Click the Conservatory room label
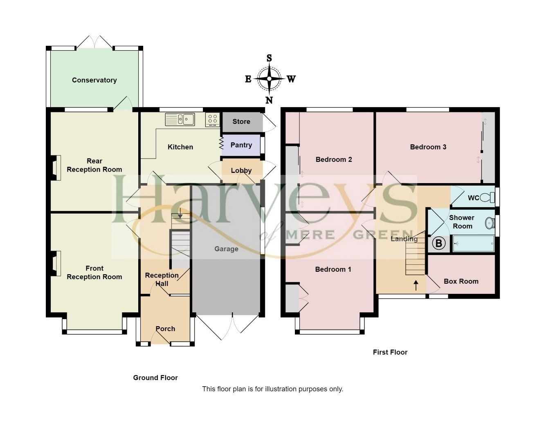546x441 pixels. pyautogui.click(x=94, y=80)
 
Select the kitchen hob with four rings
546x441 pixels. pyautogui.click(x=212, y=119)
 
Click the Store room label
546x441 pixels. pyautogui.click(x=241, y=121)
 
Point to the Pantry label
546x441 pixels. pyautogui.click(x=241, y=145)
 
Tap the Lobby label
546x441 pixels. pyautogui.click(x=241, y=170)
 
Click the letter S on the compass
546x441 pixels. pyautogui.click(x=269, y=58)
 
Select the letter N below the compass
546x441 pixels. pyautogui.click(x=269, y=100)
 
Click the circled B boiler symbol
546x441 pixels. pyautogui.click(x=438, y=244)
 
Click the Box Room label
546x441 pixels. pyautogui.click(x=461, y=281)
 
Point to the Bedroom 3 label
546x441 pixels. pyautogui.click(x=428, y=147)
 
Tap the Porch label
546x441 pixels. pyautogui.click(x=165, y=329)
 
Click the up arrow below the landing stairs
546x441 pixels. pyautogui.click(x=416, y=285)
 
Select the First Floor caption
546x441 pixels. pyautogui.click(x=390, y=352)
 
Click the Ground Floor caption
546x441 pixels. pyautogui.click(x=155, y=378)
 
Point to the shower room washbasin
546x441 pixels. pyautogui.click(x=489, y=223)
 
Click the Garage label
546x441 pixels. pyautogui.click(x=226, y=249)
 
